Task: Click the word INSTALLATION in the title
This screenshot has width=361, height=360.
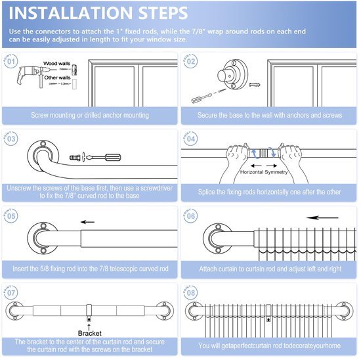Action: pos(70,13)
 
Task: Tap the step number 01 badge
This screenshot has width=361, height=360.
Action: pos(11,61)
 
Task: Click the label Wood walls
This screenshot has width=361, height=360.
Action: pos(56,63)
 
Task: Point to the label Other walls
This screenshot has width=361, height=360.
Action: pos(57,78)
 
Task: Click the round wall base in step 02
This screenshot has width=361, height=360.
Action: pos(232,74)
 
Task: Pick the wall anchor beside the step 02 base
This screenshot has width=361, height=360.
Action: pos(255,85)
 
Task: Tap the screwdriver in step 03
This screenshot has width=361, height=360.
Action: pos(103,158)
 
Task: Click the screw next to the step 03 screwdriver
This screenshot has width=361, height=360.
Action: pos(75,158)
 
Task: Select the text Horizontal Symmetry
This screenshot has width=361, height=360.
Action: pos(264,172)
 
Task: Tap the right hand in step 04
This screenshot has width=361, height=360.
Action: pos(291,162)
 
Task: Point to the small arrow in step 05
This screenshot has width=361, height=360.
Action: pos(87,222)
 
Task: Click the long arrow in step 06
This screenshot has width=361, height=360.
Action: pos(322,217)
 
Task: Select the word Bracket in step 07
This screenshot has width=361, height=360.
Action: pos(89,333)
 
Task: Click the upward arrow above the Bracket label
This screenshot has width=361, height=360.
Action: pos(89,326)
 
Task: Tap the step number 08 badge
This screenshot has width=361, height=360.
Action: pos(190,292)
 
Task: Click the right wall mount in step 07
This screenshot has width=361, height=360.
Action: pos(164,311)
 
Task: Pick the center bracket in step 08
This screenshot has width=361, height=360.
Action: pos(268,313)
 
